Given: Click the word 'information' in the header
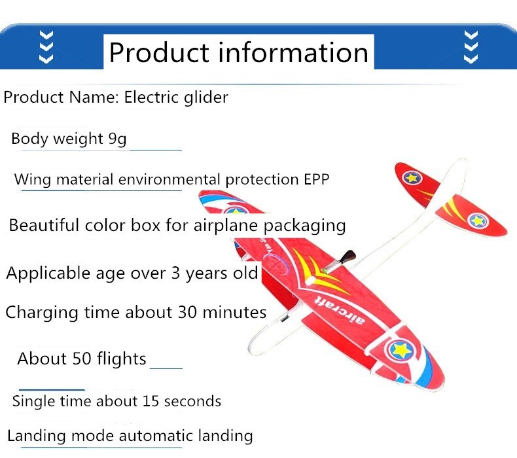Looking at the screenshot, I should pos(293,52).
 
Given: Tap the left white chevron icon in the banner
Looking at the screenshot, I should pos(46,46).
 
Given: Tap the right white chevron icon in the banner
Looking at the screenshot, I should pos(470,46).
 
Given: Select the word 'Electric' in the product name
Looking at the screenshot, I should pos(151,97).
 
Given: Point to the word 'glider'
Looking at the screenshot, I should pos(205,98).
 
